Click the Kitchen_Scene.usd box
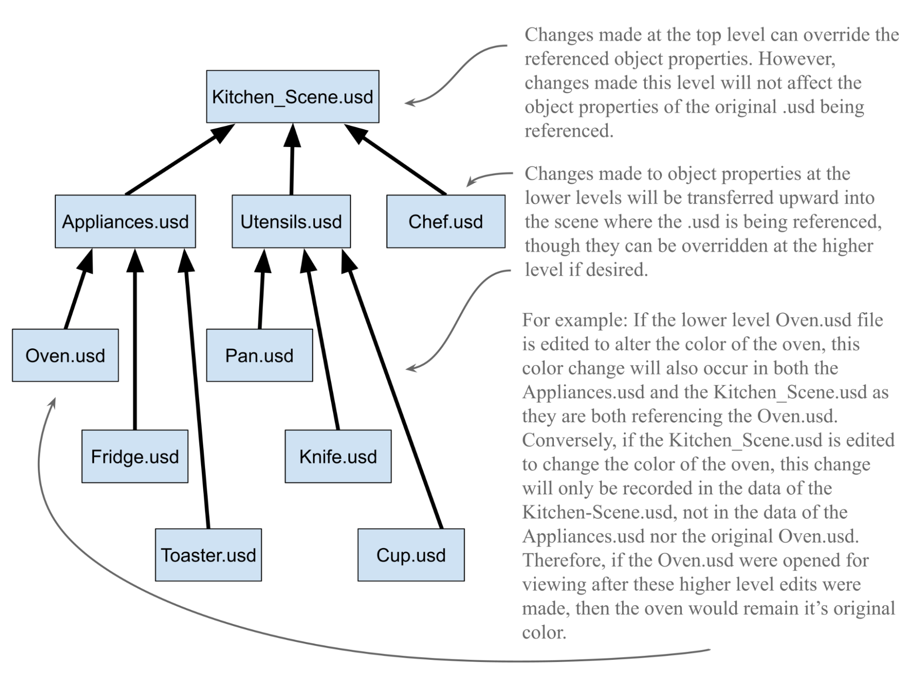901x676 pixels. pos(293,96)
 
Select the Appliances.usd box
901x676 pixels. pos(125,221)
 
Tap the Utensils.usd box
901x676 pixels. pos(291,221)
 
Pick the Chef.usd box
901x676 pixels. pos(445,221)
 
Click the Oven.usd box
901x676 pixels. pos(65,355)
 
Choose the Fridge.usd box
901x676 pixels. pos(135,456)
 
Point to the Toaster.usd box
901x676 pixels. pos(208,555)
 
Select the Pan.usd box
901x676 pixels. pos(259,355)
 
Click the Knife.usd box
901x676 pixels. pos(338,456)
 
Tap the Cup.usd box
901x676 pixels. pos(411,555)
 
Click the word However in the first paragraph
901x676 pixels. pos(796,59)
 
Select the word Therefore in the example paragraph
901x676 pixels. pos(563,561)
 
